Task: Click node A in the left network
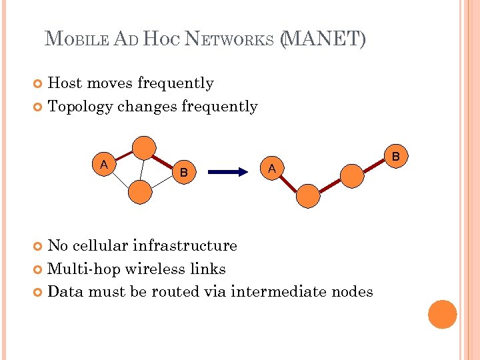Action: (103, 165)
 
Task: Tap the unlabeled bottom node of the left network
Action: (140, 191)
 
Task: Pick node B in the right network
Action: (395, 157)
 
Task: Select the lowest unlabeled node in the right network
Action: (308, 196)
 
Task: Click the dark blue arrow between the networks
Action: (233, 172)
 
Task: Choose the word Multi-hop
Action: (81, 269)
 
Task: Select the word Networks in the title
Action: (232, 40)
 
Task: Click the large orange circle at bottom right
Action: (442, 315)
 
